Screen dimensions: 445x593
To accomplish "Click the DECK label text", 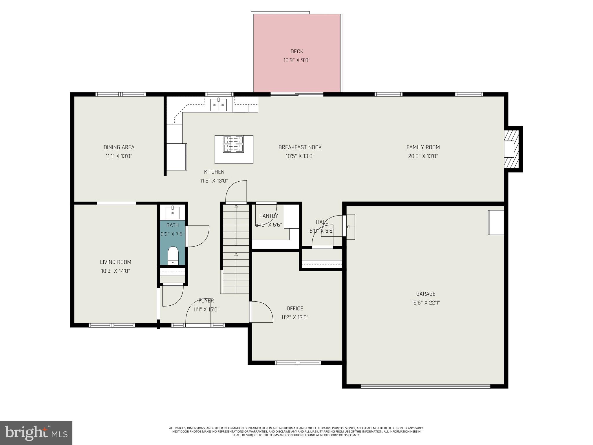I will pyautogui.click(x=297, y=52).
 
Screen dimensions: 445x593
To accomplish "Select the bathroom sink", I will pyautogui.click(x=173, y=213).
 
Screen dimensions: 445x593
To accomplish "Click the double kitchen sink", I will pyautogui.click(x=218, y=105).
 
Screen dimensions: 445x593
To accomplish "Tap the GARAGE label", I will pyautogui.click(x=426, y=294).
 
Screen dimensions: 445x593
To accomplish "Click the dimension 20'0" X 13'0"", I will pyautogui.click(x=423, y=156).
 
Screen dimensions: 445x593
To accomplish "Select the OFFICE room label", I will pyautogui.click(x=295, y=309).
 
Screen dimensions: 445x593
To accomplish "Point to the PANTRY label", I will pyautogui.click(x=268, y=216).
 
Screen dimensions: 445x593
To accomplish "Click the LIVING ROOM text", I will pyautogui.click(x=116, y=262).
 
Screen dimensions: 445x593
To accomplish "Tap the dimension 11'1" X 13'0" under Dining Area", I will pyautogui.click(x=119, y=156).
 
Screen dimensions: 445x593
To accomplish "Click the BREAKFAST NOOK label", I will pyautogui.click(x=300, y=147).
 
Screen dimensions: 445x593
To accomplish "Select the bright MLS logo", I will pyautogui.click(x=36, y=433).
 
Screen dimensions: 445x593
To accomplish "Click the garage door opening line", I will pyautogui.click(x=426, y=386).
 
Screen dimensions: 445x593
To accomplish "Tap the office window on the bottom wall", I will pyautogui.click(x=298, y=362).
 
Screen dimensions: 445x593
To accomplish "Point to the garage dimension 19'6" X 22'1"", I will pyautogui.click(x=426, y=303).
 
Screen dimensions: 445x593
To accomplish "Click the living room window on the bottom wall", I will pyautogui.click(x=112, y=325).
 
